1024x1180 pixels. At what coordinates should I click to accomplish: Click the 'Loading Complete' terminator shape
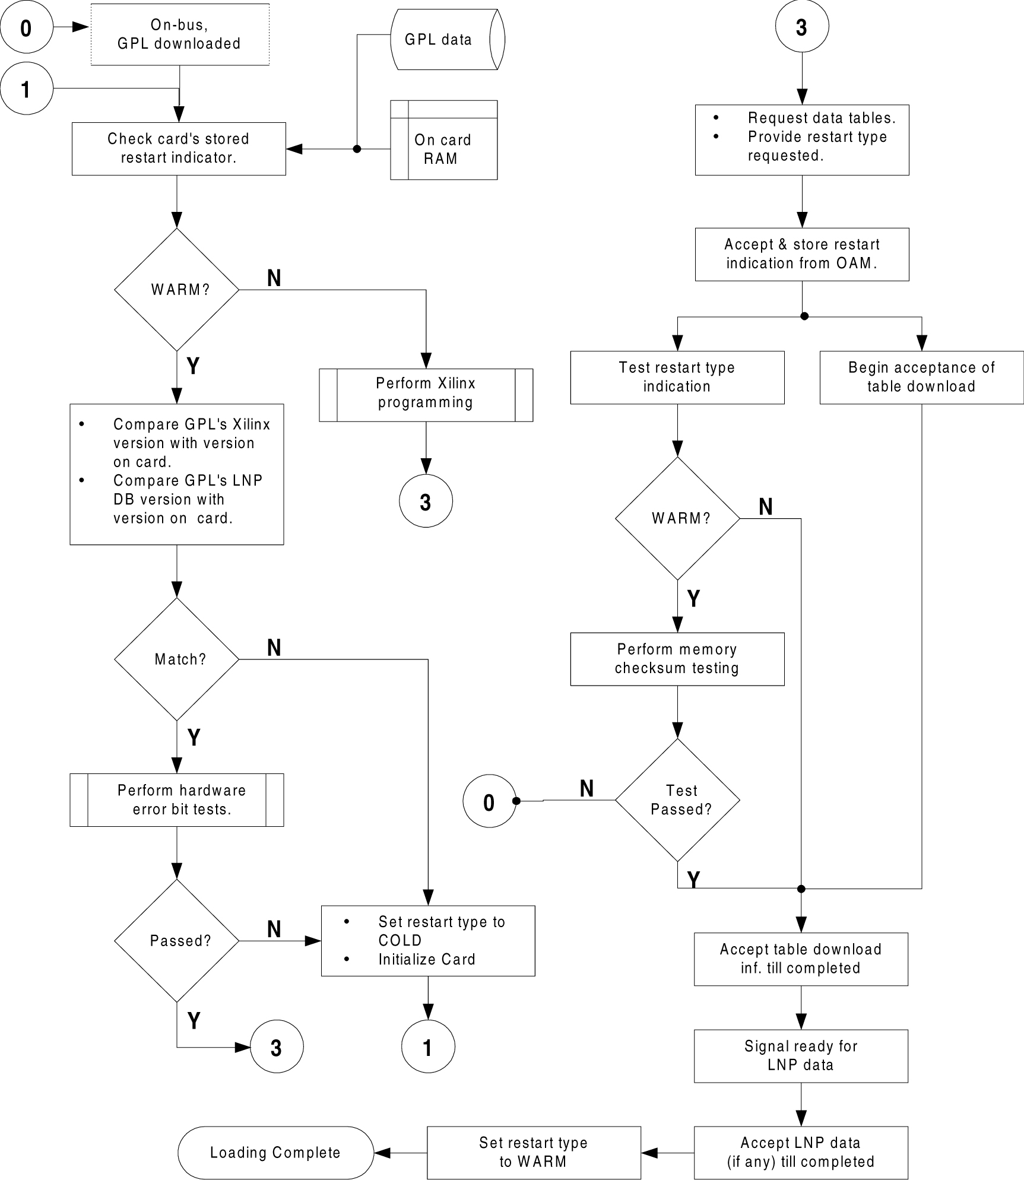click(x=275, y=1152)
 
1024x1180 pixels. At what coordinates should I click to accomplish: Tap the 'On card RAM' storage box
click(x=443, y=141)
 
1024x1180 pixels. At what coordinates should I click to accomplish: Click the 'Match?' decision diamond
click(x=177, y=659)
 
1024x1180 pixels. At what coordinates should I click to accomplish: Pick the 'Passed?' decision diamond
click(x=177, y=941)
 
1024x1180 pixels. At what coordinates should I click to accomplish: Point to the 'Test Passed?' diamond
click(x=677, y=800)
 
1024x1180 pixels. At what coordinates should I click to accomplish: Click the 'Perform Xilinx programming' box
click(x=426, y=395)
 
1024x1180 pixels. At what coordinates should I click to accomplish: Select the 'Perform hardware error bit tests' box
click(x=177, y=800)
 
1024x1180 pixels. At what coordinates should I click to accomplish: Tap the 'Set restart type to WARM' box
click(x=534, y=1152)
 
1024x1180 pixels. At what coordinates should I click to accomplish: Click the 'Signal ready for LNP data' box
click(x=801, y=1055)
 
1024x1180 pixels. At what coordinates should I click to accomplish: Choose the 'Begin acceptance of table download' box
click(x=921, y=378)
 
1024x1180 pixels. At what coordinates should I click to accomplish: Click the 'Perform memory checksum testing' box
click(x=677, y=659)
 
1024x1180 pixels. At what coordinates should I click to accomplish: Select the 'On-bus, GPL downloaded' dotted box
click(x=179, y=34)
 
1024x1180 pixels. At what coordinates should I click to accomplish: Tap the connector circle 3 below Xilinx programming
click(x=426, y=501)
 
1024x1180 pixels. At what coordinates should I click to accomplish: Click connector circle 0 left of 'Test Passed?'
click(x=489, y=802)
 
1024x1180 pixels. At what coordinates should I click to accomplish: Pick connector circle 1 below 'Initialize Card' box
click(x=428, y=1047)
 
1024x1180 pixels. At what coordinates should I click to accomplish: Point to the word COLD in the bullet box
click(x=400, y=940)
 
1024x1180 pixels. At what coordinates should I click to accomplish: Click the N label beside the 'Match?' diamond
click(x=274, y=648)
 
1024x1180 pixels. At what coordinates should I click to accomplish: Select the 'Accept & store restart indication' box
click(x=802, y=254)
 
